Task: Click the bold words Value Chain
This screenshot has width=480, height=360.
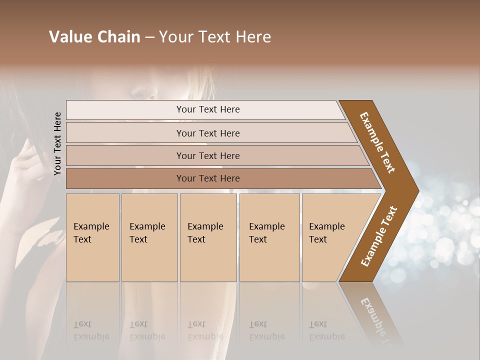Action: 94,37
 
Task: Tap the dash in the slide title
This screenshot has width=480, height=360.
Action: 149,37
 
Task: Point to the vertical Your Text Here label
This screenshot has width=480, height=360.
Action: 57,144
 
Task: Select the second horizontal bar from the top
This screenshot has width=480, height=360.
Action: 207,133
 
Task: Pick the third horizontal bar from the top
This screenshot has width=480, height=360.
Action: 207,155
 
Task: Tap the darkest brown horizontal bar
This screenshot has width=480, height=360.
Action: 207,178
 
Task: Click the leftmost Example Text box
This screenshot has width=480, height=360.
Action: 92,237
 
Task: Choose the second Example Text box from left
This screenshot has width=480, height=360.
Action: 149,237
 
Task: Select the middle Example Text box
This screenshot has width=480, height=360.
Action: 208,237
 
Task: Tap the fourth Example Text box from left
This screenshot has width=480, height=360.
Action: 269,237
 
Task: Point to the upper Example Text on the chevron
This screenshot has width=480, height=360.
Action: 377,142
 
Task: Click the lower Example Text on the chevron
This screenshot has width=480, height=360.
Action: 379,236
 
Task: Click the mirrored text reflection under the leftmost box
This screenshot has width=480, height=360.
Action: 91,330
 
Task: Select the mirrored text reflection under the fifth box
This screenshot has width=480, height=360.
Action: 326,330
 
